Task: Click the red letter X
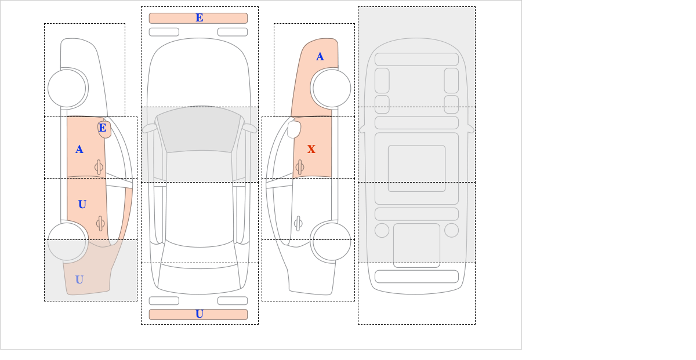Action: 311,150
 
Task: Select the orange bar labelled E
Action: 198,18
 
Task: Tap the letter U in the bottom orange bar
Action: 200,314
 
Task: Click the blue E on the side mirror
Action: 103,128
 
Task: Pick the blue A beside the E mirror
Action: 79,150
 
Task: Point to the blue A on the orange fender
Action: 320,57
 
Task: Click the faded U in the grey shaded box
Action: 79,280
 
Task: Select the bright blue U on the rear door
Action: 82,205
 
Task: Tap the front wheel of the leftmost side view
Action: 67,88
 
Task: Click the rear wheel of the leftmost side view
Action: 67,241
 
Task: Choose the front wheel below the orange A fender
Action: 332,88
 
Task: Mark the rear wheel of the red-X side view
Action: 332,241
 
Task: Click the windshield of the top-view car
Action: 199,130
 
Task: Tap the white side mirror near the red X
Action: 294,129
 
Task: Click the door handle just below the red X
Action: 299,168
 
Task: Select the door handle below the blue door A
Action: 99,168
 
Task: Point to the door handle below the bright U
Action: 100,223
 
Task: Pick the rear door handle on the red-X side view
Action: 298,223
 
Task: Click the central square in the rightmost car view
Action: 416,168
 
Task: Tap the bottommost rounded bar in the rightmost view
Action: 416,277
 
